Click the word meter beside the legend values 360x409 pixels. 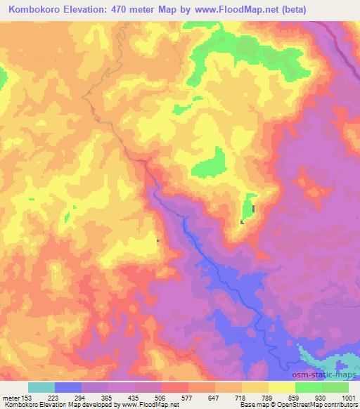click(12, 398)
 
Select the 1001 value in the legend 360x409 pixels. click(349, 398)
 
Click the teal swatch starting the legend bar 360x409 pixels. click(41, 387)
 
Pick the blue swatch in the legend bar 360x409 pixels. click(68, 387)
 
